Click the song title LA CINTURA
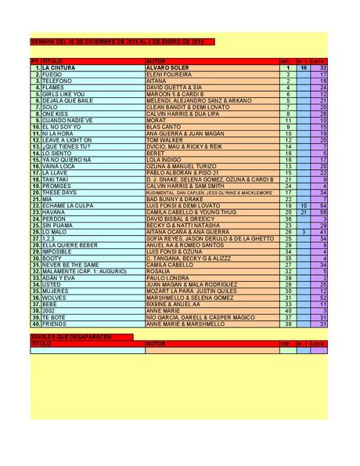point(59,68)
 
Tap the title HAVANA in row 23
point(54,212)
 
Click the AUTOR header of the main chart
point(157,60)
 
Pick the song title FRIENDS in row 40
point(55,323)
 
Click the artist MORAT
point(156,120)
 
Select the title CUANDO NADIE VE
point(67,120)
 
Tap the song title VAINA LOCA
point(59,166)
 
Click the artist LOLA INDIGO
point(165,160)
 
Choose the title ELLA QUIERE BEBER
point(70,245)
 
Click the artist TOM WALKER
point(164,139)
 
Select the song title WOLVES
point(54,298)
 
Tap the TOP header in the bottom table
point(285,343)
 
